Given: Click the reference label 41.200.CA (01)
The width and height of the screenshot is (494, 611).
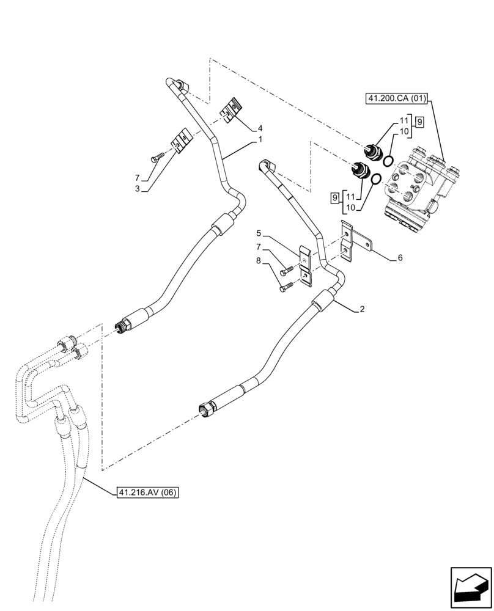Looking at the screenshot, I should (398, 98).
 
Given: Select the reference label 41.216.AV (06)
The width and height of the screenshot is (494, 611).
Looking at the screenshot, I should (146, 492).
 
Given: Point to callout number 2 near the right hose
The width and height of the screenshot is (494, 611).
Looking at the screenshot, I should (362, 309).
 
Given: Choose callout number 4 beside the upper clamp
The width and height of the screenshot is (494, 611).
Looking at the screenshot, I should (260, 128).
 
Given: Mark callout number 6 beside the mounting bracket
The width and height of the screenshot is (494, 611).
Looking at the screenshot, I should (400, 258).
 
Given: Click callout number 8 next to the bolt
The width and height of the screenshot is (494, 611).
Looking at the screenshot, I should (259, 261).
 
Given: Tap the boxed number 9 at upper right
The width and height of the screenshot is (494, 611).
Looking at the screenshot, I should (419, 122).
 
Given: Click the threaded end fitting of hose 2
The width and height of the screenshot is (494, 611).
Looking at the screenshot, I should (205, 411).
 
